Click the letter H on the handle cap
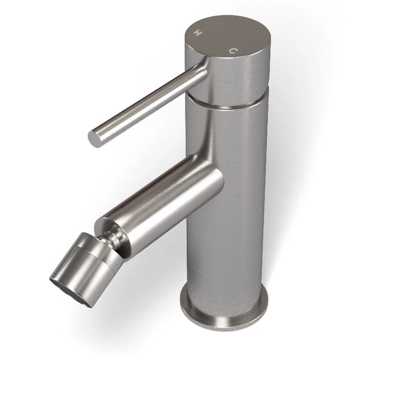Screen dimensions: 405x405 point(198,33)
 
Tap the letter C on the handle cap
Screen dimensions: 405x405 point(233,51)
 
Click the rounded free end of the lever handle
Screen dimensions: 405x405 point(94,138)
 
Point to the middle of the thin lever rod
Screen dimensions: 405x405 point(148,106)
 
